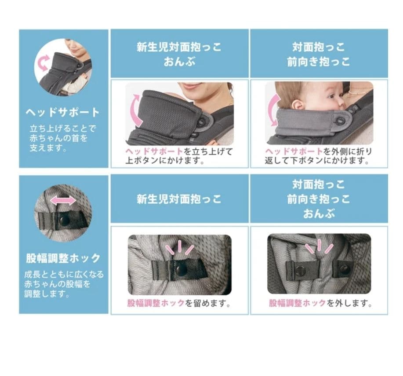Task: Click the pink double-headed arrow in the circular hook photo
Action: pos(62,200)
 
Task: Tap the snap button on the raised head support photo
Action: pos(202,122)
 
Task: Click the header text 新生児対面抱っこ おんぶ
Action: pos(179,54)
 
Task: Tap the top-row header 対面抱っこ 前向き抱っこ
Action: pos(319,54)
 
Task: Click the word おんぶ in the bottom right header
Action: pos(319,214)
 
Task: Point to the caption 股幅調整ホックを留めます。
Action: pos(179,303)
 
